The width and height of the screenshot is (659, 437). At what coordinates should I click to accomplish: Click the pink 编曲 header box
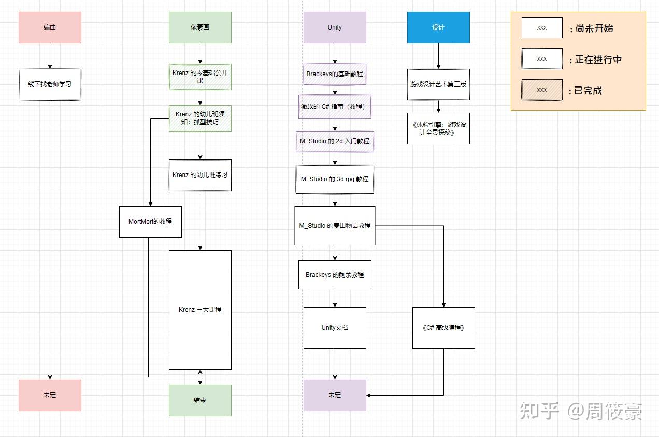click(x=50, y=27)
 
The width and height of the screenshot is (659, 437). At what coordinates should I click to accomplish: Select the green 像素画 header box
click(x=200, y=27)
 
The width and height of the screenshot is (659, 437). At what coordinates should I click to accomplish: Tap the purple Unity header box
click(x=335, y=27)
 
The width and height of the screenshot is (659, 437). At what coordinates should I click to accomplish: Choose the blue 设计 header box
click(x=438, y=27)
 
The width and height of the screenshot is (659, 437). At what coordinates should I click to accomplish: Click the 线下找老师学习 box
click(x=50, y=85)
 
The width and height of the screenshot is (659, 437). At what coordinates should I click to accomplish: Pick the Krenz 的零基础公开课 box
click(x=200, y=77)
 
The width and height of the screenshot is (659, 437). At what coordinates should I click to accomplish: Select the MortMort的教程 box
click(x=150, y=222)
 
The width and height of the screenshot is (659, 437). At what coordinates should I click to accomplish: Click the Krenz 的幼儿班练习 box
click(x=200, y=176)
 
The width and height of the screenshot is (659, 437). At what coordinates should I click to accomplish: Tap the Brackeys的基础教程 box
click(x=335, y=75)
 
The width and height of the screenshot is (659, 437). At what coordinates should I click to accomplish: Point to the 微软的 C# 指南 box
click(x=335, y=107)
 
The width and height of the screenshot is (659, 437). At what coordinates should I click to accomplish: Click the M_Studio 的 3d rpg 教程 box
click(x=335, y=179)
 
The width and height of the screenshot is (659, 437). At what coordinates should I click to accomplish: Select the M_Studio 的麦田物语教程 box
click(x=335, y=226)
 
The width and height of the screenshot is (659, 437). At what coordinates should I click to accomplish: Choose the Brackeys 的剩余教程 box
click(x=335, y=275)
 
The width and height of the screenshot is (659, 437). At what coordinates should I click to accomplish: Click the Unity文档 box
click(x=335, y=328)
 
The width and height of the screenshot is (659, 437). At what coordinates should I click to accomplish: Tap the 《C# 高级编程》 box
click(x=443, y=328)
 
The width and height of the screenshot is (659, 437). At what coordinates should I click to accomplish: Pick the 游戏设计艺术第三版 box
click(x=438, y=85)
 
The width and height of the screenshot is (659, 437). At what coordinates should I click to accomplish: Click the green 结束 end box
click(x=200, y=401)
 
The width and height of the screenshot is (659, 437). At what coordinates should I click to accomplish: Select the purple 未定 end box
click(x=335, y=395)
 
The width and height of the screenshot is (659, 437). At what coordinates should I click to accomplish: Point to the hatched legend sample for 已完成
click(x=542, y=90)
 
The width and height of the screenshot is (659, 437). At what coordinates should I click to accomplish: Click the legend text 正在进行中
click(x=598, y=60)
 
